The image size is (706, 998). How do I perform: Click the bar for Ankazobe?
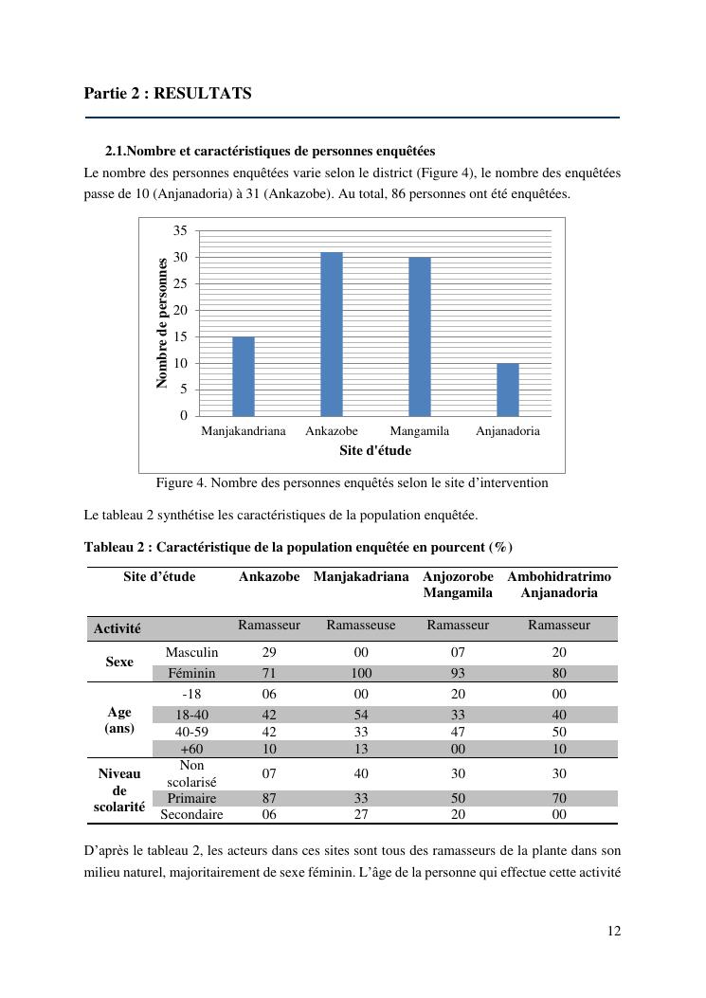coord(331,334)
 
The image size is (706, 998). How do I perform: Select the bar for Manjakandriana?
coord(244,376)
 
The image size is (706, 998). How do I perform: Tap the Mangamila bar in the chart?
coord(419,336)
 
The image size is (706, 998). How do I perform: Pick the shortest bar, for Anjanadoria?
coord(508,390)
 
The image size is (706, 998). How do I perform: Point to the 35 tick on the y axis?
coord(180,230)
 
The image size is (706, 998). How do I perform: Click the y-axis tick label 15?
coord(180,336)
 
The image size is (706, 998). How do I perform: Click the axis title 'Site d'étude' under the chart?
coord(375,450)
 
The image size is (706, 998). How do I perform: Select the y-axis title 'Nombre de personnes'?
coord(162,322)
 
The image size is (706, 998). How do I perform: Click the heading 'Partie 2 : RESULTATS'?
coord(168,93)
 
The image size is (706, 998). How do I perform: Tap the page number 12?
coord(614,931)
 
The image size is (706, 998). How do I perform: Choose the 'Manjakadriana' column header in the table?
coord(361,576)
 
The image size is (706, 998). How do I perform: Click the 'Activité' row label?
coord(118,628)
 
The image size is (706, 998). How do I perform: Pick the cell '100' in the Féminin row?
coord(361,673)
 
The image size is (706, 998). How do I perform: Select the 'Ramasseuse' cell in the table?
coord(361,626)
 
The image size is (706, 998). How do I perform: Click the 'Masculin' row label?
coord(191,652)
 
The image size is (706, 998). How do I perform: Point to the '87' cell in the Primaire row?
coord(269,798)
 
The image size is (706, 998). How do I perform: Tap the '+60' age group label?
coord(191,749)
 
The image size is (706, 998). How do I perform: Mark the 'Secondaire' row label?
coord(191,814)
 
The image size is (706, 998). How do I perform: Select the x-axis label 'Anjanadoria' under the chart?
coord(508,431)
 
